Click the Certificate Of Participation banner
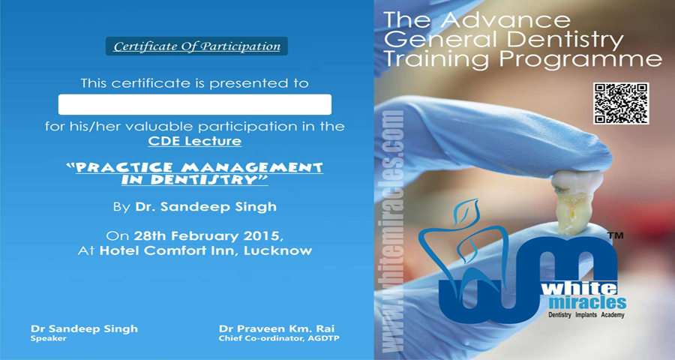tap(196, 46)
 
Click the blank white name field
tap(194, 104)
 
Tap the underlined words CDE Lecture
tap(194, 141)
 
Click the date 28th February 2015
tap(208, 236)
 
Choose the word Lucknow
tap(278, 250)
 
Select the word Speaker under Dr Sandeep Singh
tap(48, 338)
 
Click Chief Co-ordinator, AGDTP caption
tap(279, 338)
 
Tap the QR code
tap(621, 103)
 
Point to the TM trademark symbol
tap(615, 235)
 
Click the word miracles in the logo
tap(587, 302)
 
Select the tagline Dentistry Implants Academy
tap(586, 315)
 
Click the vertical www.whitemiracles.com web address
tap(391, 232)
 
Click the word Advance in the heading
tap(505, 19)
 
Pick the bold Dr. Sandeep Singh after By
tap(205, 207)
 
